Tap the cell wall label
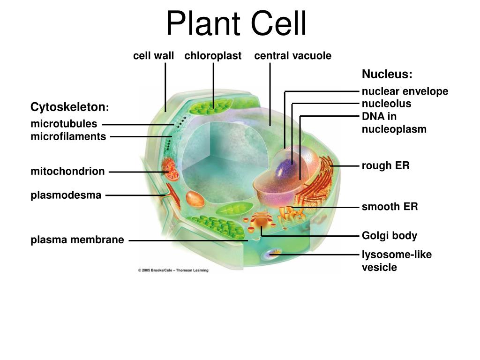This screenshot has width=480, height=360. pyautogui.click(x=153, y=56)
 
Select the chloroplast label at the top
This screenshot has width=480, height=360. pyautogui.click(x=213, y=56)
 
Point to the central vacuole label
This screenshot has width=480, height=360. pyautogui.click(x=292, y=56)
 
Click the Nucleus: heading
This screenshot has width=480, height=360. pyautogui.click(x=387, y=75)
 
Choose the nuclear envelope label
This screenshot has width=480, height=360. pyautogui.click(x=405, y=91)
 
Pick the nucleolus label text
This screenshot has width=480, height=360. pyautogui.click(x=386, y=104)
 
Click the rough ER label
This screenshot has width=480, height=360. pyautogui.click(x=385, y=166)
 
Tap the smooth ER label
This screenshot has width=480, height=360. pyautogui.click(x=389, y=207)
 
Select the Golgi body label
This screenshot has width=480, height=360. pyautogui.click(x=389, y=235)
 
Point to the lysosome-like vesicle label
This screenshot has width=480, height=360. pyautogui.click(x=396, y=261)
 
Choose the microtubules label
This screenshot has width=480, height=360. pyautogui.click(x=64, y=124)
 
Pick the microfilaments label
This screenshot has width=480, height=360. pyautogui.click(x=68, y=137)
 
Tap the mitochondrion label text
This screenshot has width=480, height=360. pyautogui.click(x=68, y=172)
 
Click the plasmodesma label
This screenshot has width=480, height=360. pyautogui.click(x=66, y=195)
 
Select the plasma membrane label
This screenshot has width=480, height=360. pyautogui.click(x=77, y=240)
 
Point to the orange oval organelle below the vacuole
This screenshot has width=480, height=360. pyautogui.click(x=195, y=199)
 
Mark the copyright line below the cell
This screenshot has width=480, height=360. pyautogui.click(x=173, y=270)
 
